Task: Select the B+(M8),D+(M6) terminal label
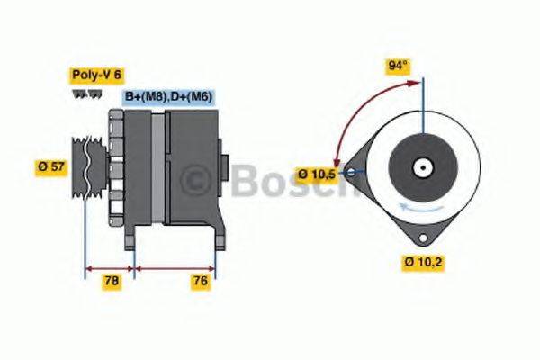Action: click(167, 96)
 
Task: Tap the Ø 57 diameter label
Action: click(51, 166)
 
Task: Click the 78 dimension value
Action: click(110, 282)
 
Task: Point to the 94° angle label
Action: click(396, 67)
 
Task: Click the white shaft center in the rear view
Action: click(421, 167)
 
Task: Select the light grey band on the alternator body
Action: click(158, 166)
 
